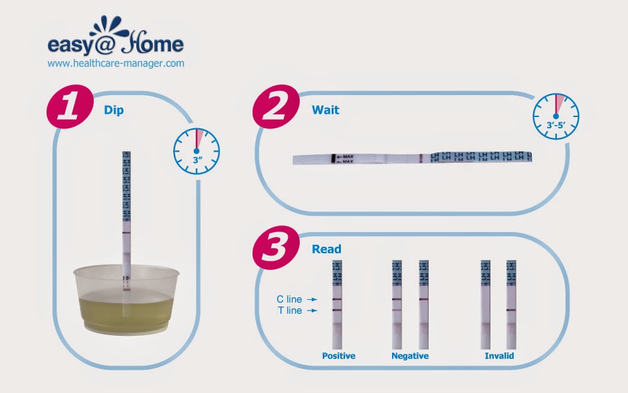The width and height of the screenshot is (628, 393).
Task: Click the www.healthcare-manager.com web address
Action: [115, 64]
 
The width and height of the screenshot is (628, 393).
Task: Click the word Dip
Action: [114, 110]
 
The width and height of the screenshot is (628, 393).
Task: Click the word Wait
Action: [326, 110]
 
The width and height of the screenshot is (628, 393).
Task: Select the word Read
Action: [326, 249]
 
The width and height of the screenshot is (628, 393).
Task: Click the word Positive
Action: [338, 356]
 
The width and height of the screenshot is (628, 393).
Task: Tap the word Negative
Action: [410, 356]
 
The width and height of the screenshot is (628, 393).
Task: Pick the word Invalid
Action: [499, 356]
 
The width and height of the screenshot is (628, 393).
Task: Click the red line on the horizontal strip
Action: [420, 158]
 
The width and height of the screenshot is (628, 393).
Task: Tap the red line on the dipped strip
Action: [126, 233]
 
